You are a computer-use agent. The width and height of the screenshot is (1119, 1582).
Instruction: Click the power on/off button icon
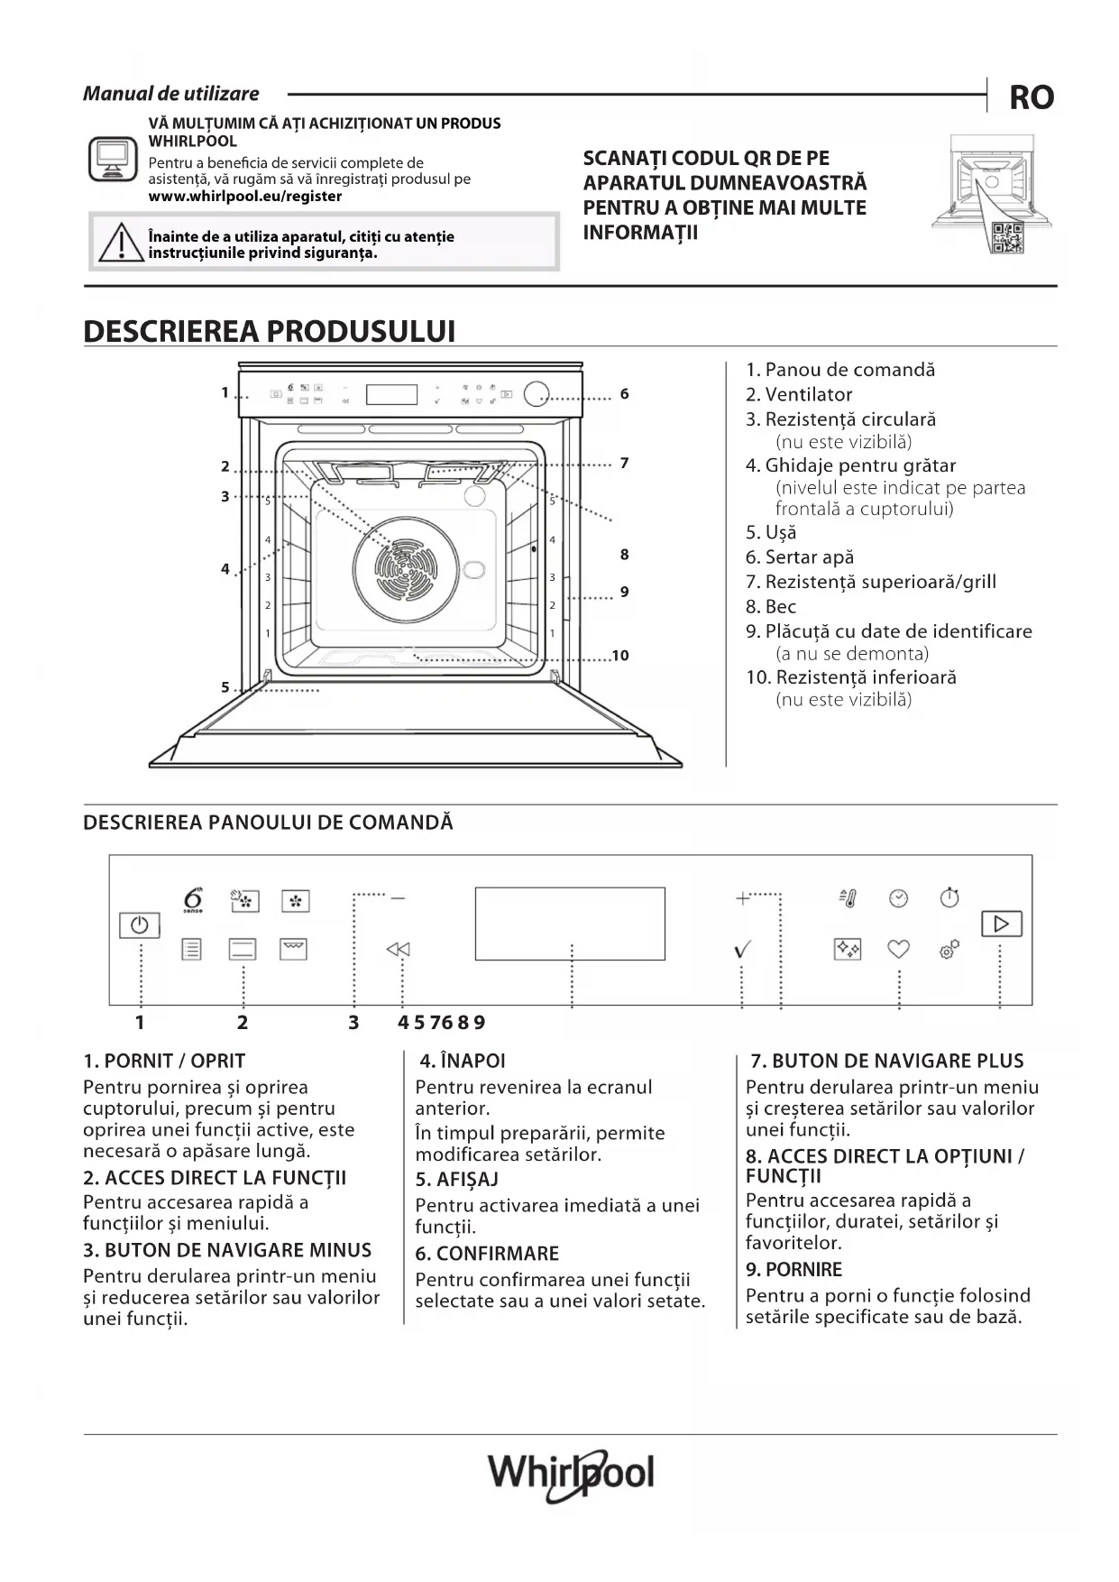pos(139,925)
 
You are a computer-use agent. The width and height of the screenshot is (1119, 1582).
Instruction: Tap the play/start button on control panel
pos(1001,924)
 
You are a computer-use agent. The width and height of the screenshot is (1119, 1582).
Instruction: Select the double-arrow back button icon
pos(398,949)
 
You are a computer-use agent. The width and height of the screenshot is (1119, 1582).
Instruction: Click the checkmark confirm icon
pos(742,949)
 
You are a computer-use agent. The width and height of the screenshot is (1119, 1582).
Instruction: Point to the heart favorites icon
pos(898,949)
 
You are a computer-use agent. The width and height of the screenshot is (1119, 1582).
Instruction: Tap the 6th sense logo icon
pos(193,900)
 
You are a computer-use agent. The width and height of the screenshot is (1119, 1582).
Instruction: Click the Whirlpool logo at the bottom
pos(571,1474)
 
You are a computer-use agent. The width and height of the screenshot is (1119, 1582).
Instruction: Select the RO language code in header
pos(1031,97)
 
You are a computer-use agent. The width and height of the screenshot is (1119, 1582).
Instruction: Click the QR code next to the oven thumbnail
pos(1006,237)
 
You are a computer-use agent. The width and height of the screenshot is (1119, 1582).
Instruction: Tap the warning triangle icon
pos(118,242)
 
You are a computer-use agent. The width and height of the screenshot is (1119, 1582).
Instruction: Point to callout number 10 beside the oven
pos(620,656)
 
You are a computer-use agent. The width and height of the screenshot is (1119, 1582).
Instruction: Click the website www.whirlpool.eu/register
pos(245,196)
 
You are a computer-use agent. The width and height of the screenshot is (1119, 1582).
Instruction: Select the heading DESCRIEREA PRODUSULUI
pos(269,331)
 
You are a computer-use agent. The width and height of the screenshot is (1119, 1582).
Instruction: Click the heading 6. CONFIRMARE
pos(487,1254)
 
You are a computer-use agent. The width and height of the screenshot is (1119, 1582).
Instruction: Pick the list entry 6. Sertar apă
pos(799,557)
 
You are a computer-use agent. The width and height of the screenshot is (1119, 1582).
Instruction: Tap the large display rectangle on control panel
pos(570,924)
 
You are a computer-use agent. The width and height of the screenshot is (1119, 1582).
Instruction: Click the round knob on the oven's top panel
pos(536,393)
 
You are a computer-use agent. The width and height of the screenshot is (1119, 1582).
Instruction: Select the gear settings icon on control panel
pos(949,949)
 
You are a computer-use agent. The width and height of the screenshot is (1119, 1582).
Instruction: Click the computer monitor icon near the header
pos(113,160)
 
